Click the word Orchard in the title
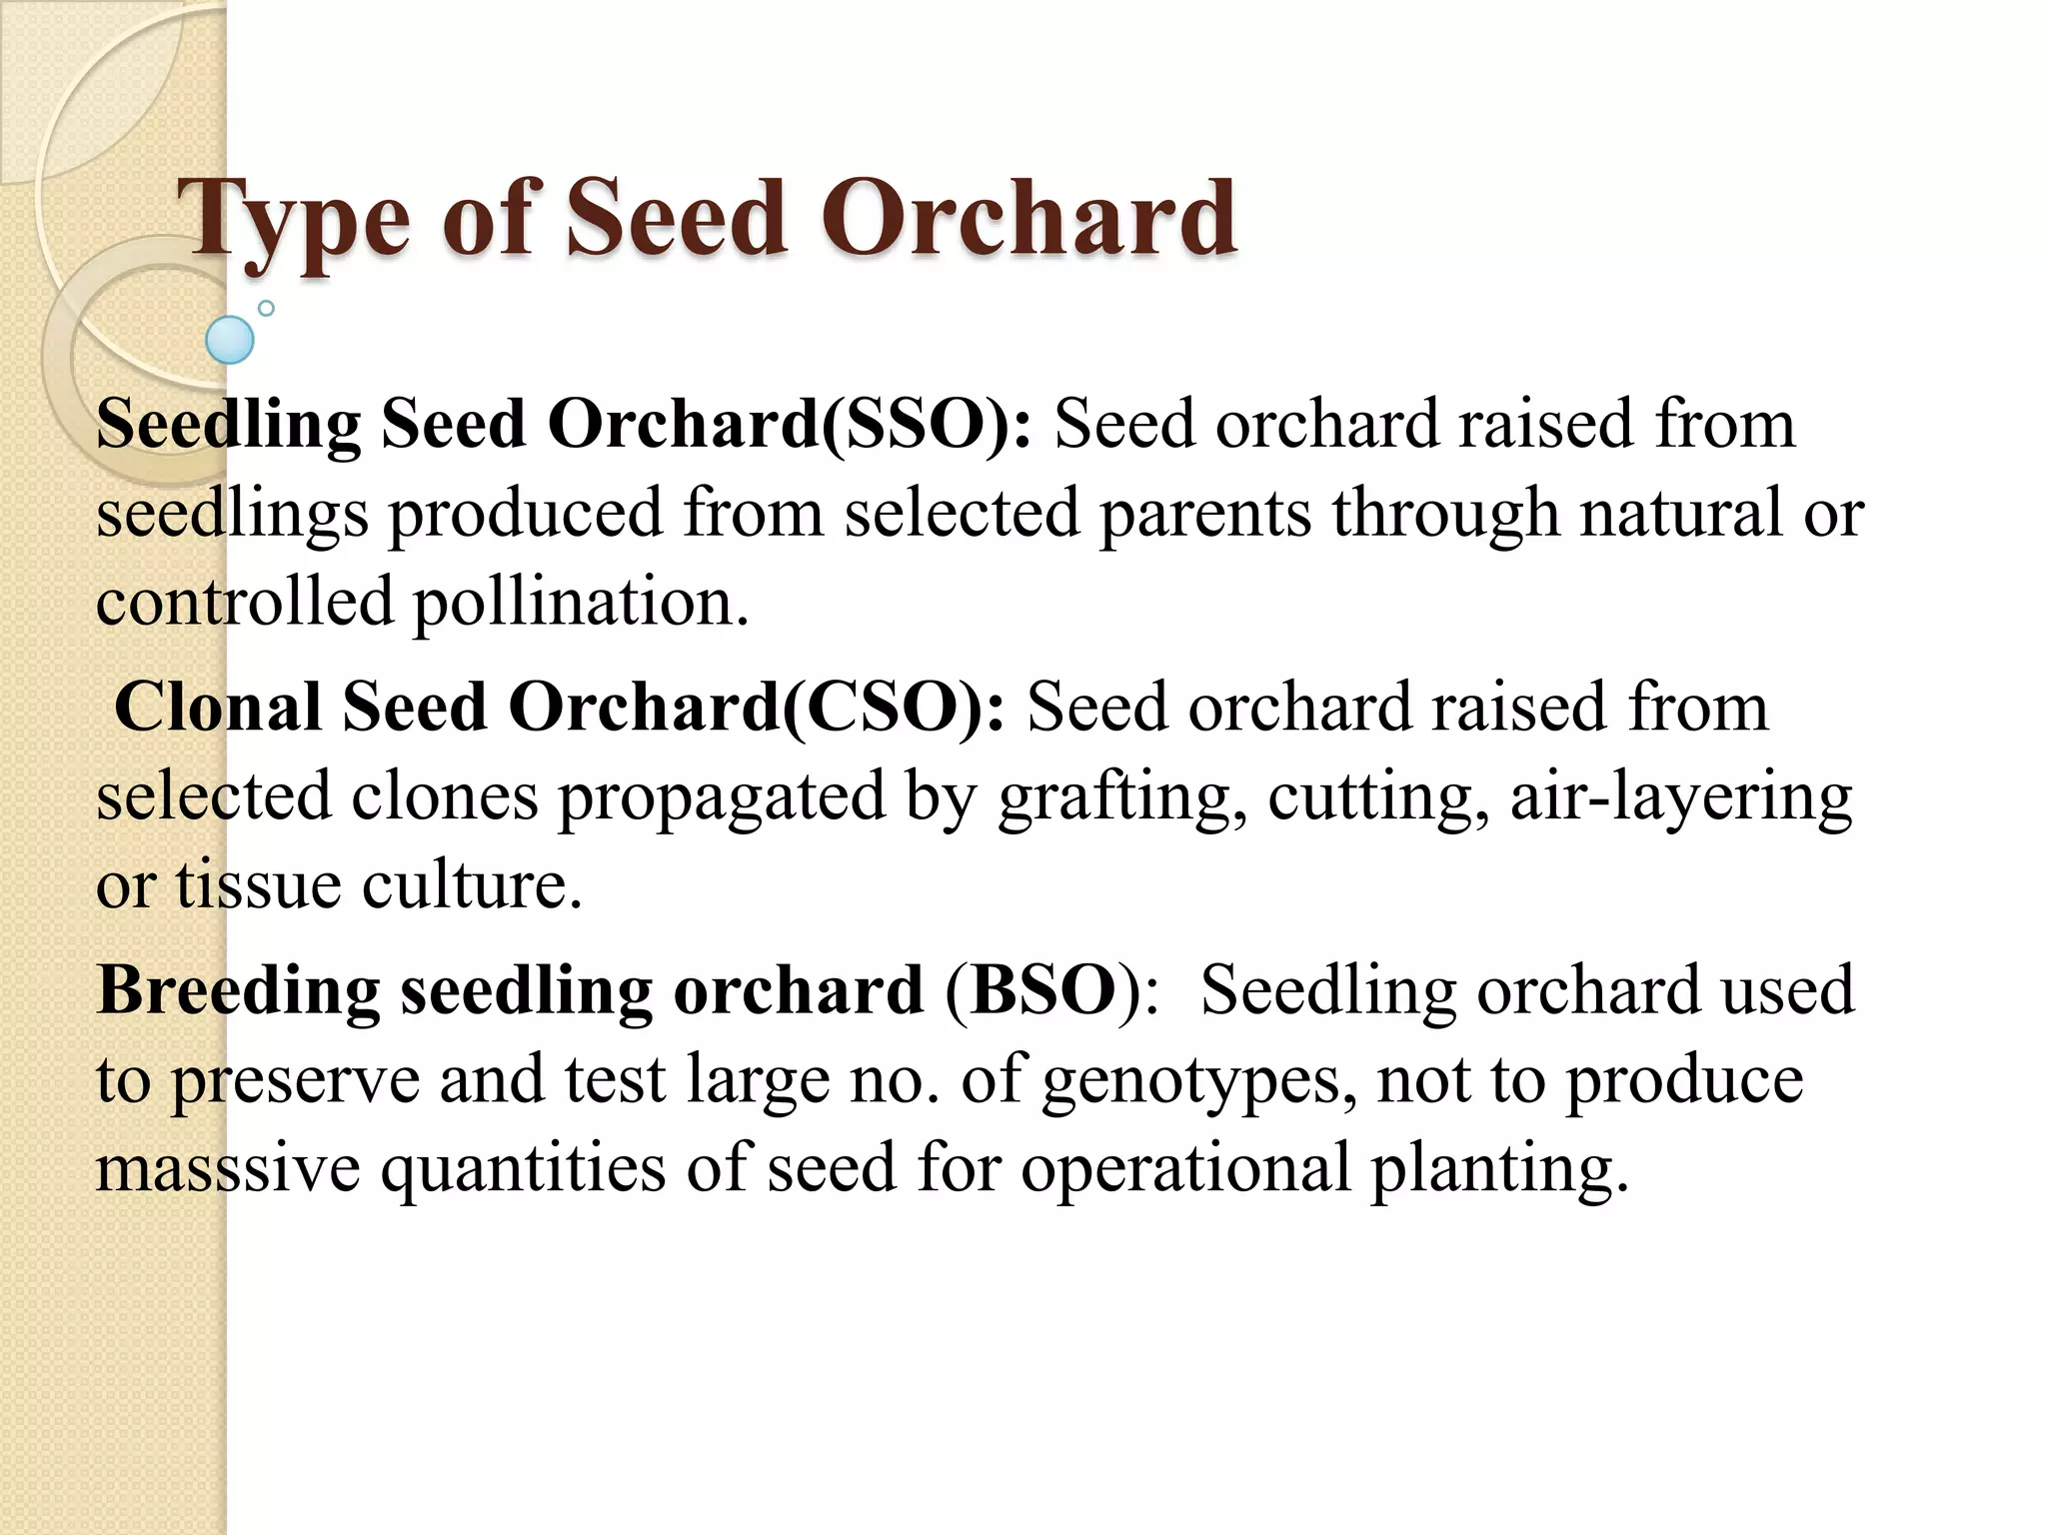1029,218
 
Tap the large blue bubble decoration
230,340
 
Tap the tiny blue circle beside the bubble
266,309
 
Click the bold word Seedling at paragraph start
228,424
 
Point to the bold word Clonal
217,708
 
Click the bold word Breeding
238,990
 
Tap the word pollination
580,603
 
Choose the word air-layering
1681,797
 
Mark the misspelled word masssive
228,1167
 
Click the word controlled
245,603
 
